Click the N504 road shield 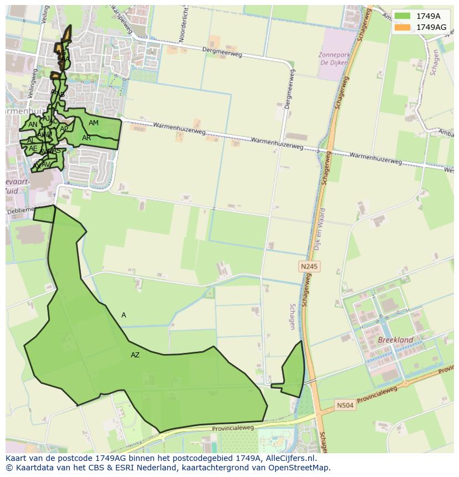pyautogui.click(x=345, y=406)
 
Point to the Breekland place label pyautogui.click(x=395, y=340)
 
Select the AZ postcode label pyautogui.click(x=135, y=355)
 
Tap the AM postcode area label pyautogui.click(x=94, y=123)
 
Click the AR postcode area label pyautogui.click(x=86, y=138)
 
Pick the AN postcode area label pyautogui.click(x=33, y=125)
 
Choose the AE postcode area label pyautogui.click(x=33, y=148)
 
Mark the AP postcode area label pyautogui.click(x=64, y=129)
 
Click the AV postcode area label pyautogui.click(x=45, y=165)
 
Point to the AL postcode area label pyautogui.click(x=31, y=141)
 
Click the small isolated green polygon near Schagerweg pyautogui.click(x=294, y=370)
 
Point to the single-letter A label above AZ pyautogui.click(x=124, y=315)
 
